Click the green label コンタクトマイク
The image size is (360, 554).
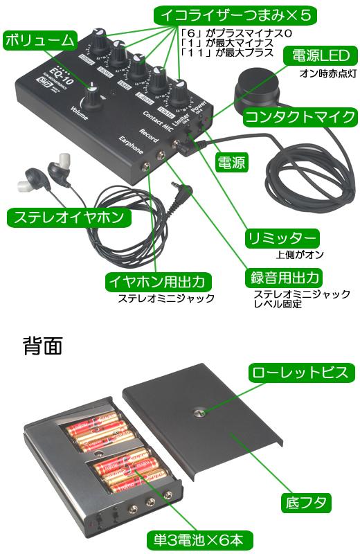(301, 116)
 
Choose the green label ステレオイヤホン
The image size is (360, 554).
(70, 217)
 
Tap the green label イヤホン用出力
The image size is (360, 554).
(159, 282)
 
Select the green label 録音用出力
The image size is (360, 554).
(285, 278)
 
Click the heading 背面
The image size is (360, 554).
(43, 344)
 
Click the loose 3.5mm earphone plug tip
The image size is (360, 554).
(174, 186)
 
